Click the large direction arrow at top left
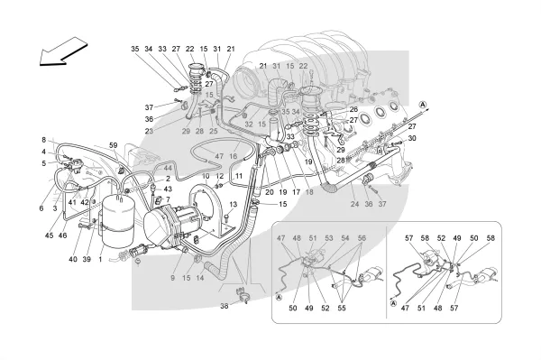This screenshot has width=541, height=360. pos(63,51)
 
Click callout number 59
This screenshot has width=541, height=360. pos(114,145)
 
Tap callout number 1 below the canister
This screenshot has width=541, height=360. pos(100,259)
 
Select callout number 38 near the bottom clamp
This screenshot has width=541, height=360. pos(225,306)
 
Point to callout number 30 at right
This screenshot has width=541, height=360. pos(412,138)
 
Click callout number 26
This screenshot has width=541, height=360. pos(353,110)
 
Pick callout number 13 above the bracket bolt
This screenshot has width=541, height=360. pos(234,204)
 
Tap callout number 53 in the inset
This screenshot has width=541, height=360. pos(329,238)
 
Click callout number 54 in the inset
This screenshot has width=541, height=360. pos(345,238)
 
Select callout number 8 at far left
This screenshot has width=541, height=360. pos(44,140)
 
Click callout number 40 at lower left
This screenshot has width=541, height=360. pos(73,259)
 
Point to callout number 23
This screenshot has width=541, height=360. pos(149,131)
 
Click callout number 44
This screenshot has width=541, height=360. pos(168,168)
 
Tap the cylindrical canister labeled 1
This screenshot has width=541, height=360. pos(116,221)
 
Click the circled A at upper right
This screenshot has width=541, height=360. pos(423,105)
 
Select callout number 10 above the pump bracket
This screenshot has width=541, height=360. pos(206,176)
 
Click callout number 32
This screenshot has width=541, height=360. pos(249,125)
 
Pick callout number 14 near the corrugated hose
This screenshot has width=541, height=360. pos(200,278)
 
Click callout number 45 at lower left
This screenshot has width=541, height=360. pos(50,235)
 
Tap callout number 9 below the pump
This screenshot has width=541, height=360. pos(173,278)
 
